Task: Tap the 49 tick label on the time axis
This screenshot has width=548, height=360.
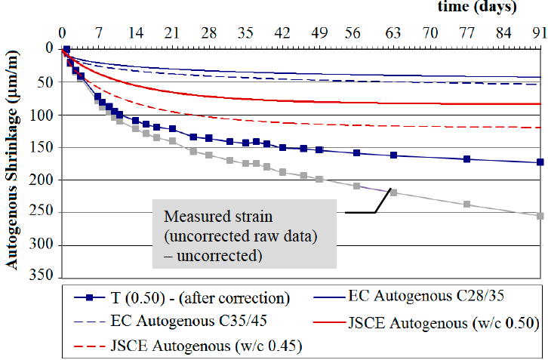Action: pyautogui.click(x=320, y=33)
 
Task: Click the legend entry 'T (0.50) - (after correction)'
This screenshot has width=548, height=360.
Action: pyautogui.click(x=189, y=297)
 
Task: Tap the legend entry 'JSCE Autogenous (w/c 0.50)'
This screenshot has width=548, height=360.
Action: pyautogui.click(x=442, y=324)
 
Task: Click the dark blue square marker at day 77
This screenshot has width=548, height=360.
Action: pyautogui.click(x=467, y=158)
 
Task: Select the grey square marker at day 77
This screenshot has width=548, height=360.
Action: pyautogui.click(x=467, y=204)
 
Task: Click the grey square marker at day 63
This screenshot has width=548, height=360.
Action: pyautogui.click(x=393, y=192)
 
